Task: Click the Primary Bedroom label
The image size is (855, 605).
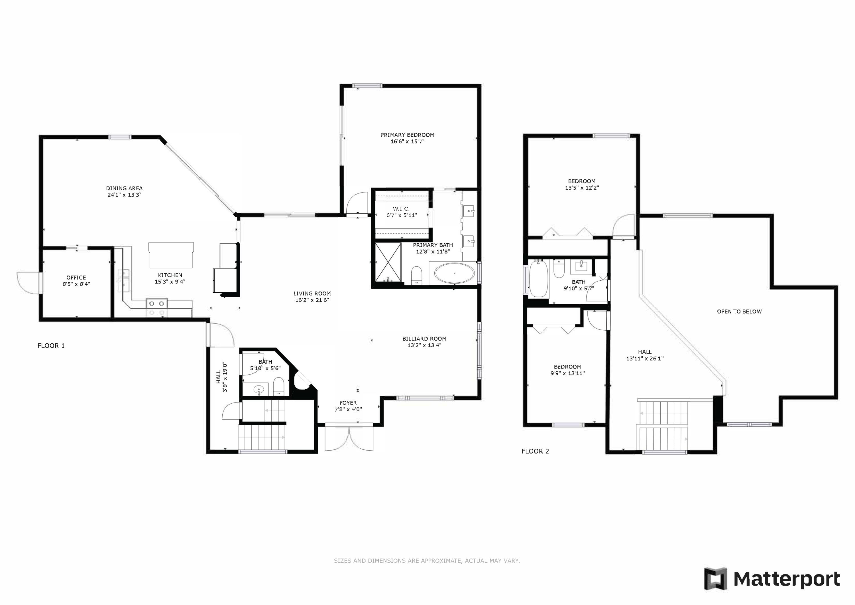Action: tap(407, 135)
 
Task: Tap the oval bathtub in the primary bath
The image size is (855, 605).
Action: tap(455, 274)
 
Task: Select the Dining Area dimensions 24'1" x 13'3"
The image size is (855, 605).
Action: tap(124, 195)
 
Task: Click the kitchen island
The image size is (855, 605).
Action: tap(171, 255)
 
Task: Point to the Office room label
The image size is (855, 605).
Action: tap(76, 278)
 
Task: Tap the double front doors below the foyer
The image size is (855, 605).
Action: tap(349, 439)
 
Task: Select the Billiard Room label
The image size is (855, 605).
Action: tap(424, 339)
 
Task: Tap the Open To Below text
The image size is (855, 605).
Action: tap(739, 312)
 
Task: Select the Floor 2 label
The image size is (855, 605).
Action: tap(535, 451)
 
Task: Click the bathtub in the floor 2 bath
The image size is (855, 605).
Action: tap(538, 279)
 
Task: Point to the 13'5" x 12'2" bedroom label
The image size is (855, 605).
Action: tap(582, 185)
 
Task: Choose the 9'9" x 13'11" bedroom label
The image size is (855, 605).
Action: tap(567, 370)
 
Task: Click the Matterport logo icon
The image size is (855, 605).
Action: tap(715, 579)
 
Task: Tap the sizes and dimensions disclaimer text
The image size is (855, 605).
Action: tap(427, 561)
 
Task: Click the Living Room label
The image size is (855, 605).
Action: tap(312, 294)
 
